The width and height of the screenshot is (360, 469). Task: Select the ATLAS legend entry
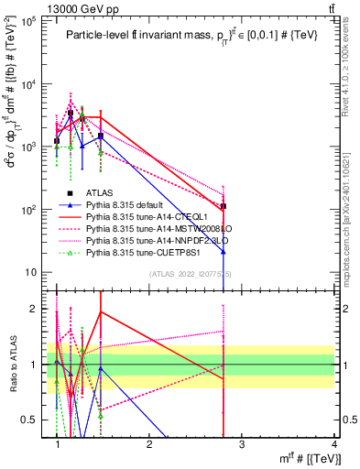[100, 191]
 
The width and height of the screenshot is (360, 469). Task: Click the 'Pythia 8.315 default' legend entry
[123, 203]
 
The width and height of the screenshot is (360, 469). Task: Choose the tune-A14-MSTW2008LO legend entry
[147, 227]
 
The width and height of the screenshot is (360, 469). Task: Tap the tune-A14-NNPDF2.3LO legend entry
[147, 239]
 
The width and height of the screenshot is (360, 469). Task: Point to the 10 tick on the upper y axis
[35, 272]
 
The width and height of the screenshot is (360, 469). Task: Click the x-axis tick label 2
[149, 445]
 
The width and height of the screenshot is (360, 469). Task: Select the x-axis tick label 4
[334, 445]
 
